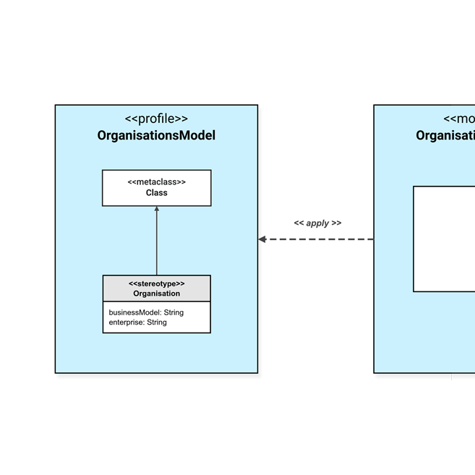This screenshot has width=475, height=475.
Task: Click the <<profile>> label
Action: pyautogui.click(x=156, y=119)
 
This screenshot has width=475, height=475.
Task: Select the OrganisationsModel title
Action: pyautogui.click(x=156, y=135)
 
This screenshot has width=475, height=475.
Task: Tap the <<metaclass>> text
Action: pyautogui.click(x=156, y=182)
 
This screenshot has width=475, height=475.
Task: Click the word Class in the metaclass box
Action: pyautogui.click(x=156, y=193)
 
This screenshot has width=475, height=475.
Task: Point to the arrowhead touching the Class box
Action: pyautogui.click(x=157, y=210)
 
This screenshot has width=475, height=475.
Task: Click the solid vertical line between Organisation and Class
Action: pyautogui.click(x=157, y=242)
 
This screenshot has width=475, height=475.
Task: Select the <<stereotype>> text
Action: pyautogui.click(x=156, y=283)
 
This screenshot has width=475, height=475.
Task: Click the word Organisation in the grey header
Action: pyautogui.click(x=156, y=294)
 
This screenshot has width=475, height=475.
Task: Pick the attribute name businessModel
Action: pyautogui.click(x=133, y=312)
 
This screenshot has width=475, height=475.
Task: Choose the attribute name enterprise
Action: pyautogui.click(x=126, y=322)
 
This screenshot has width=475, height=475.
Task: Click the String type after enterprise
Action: pyautogui.click(x=157, y=322)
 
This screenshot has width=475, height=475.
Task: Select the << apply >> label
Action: pyautogui.click(x=317, y=223)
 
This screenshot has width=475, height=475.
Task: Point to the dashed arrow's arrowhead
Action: pyautogui.click(x=262, y=239)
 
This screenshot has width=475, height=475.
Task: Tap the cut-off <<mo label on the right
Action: pyautogui.click(x=459, y=119)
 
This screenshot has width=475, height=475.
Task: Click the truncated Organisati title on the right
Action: pyautogui.click(x=445, y=135)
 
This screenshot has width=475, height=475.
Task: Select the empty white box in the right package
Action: pyautogui.click(x=444, y=239)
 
